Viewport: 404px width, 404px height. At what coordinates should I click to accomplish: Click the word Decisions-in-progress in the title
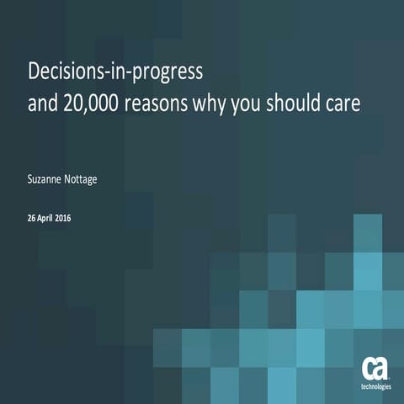(x=116, y=73)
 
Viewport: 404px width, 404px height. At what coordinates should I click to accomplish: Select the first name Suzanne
(x=49, y=179)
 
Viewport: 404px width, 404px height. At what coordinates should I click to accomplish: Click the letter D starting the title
(x=35, y=72)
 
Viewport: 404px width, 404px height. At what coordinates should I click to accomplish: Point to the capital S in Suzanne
(x=31, y=179)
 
